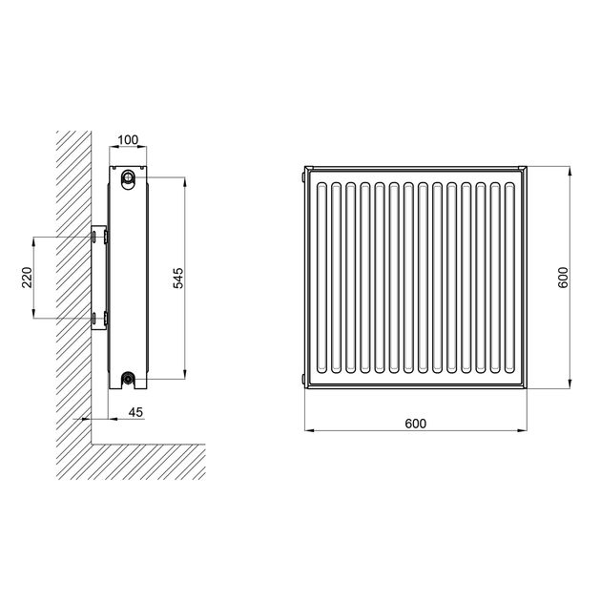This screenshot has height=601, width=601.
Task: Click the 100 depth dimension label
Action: tap(128, 140)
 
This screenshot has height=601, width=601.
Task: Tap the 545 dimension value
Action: tap(178, 278)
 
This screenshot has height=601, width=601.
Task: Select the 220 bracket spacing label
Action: tap(27, 277)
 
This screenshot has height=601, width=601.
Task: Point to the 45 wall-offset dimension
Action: tap(135, 412)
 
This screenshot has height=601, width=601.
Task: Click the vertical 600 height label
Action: tap(563, 277)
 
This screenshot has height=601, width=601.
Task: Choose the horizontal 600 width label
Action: tap(416, 424)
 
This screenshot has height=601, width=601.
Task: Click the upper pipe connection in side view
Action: tap(128, 177)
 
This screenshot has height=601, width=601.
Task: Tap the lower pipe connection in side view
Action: tap(127, 379)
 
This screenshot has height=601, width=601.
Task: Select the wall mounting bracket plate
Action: tap(99, 278)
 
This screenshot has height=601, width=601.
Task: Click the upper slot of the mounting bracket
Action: tap(93, 237)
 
